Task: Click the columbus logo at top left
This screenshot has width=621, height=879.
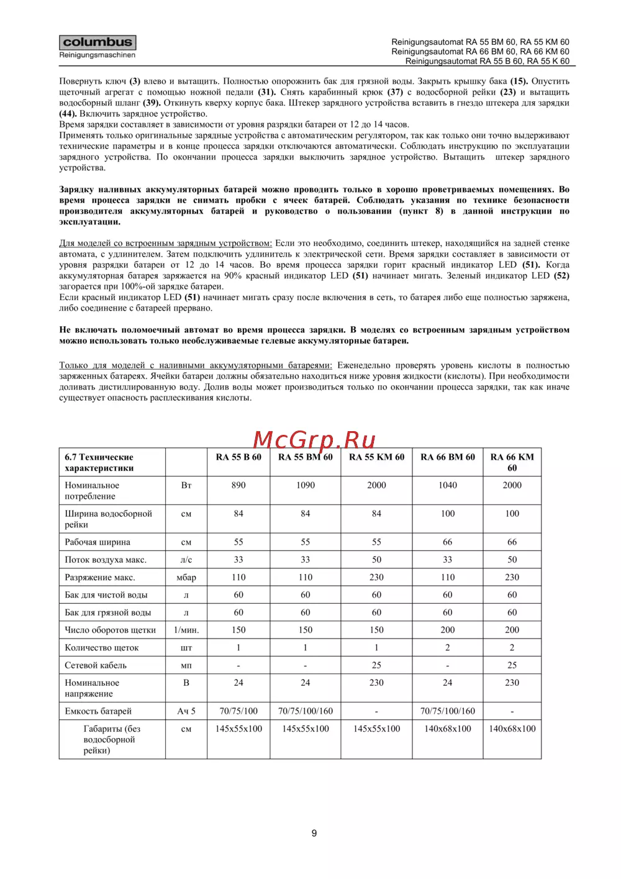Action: (x=97, y=43)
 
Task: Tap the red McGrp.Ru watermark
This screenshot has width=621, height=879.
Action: (x=314, y=440)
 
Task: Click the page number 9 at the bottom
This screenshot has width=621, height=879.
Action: (x=314, y=833)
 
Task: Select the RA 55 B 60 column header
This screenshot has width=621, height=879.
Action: (x=238, y=457)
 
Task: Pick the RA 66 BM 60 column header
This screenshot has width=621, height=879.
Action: (x=448, y=457)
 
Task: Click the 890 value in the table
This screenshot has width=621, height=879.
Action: (x=238, y=485)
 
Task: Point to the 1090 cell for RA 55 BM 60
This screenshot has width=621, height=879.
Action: (x=306, y=485)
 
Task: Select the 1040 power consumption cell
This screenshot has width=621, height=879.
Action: (x=448, y=485)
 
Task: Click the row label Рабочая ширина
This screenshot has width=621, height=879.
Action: (x=97, y=542)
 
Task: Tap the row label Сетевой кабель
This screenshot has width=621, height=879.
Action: (x=96, y=665)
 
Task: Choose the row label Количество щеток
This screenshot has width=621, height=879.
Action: (x=102, y=648)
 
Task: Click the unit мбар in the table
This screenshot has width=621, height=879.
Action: (x=186, y=578)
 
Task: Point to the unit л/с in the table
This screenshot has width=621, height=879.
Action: (x=186, y=560)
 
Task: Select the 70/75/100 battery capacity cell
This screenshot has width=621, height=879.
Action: (x=238, y=711)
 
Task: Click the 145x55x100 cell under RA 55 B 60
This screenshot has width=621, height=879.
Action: (x=238, y=729)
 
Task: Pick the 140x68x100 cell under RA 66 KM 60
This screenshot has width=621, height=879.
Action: (x=512, y=729)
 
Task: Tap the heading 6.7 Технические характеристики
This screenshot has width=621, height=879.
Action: (x=99, y=463)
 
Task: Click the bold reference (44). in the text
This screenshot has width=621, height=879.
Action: (x=68, y=114)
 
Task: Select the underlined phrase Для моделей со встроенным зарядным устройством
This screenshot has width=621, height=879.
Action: (x=165, y=244)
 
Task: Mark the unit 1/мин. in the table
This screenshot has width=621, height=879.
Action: (x=186, y=630)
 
